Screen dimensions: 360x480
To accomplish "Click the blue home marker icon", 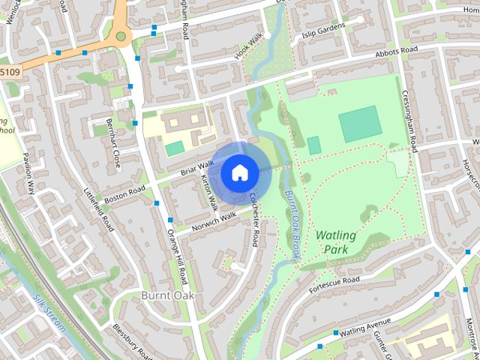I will pos(239,172).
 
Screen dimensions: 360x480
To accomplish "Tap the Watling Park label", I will pos(336,241).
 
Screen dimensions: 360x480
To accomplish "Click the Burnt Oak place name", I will pos(168,295).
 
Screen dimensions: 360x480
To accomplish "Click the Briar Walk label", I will pos(197,169).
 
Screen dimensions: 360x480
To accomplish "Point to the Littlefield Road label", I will pos(99,209).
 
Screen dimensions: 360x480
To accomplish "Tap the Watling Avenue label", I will pos(366,326).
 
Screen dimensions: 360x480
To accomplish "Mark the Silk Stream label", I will pos(49,313).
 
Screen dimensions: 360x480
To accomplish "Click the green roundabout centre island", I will pos(121,34).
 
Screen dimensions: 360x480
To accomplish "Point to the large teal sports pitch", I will pos(360,124).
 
